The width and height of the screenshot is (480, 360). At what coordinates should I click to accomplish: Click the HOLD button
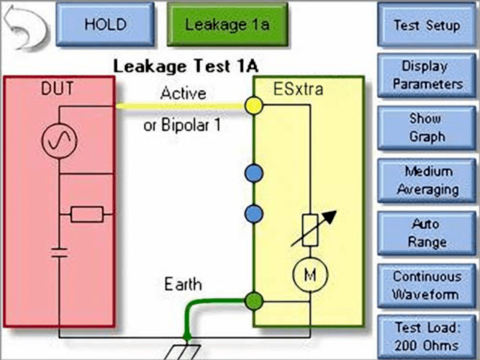click(106, 24)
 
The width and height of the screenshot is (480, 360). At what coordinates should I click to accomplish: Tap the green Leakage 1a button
click(227, 24)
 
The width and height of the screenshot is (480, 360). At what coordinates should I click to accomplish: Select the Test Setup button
click(426, 24)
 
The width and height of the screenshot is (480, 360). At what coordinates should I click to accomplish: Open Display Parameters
click(426, 75)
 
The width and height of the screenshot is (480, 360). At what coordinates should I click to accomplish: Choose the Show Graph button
click(426, 127)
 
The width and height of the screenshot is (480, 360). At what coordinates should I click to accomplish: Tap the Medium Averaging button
click(426, 181)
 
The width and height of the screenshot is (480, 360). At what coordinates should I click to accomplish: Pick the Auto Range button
click(426, 233)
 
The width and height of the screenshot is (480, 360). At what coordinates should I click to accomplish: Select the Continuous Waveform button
click(426, 286)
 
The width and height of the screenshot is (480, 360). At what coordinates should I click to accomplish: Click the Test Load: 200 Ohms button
click(426, 336)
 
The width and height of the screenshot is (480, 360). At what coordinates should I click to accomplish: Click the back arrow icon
click(26, 24)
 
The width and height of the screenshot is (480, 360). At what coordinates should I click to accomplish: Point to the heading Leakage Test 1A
click(185, 67)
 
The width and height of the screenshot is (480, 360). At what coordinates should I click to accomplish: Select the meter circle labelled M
click(310, 274)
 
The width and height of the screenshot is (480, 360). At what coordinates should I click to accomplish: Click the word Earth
click(184, 283)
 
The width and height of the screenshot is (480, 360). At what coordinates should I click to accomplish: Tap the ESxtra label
click(299, 90)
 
